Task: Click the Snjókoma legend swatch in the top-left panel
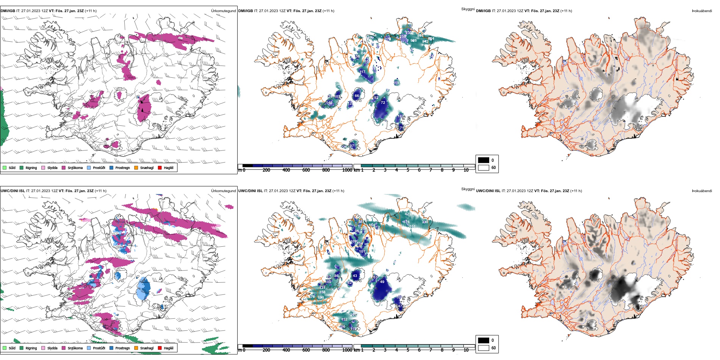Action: (64, 167)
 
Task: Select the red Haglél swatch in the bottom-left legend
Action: (160, 348)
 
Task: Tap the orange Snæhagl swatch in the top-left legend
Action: (136, 167)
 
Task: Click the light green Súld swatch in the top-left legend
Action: (5, 167)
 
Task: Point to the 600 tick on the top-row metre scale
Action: (306, 170)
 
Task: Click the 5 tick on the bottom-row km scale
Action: (408, 350)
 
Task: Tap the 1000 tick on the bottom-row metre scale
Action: (347, 350)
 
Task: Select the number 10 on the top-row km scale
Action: (466, 170)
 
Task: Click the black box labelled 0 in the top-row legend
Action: (484, 160)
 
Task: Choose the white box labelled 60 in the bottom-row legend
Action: (484, 347)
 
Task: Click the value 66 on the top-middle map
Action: (357, 96)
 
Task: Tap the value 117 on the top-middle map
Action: (363, 72)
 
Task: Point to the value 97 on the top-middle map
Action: (352, 146)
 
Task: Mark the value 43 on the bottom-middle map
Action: (355, 276)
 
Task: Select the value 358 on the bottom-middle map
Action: (322, 292)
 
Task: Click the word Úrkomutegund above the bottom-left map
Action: (223, 191)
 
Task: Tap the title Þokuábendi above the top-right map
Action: (702, 11)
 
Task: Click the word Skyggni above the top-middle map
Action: (468, 9)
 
